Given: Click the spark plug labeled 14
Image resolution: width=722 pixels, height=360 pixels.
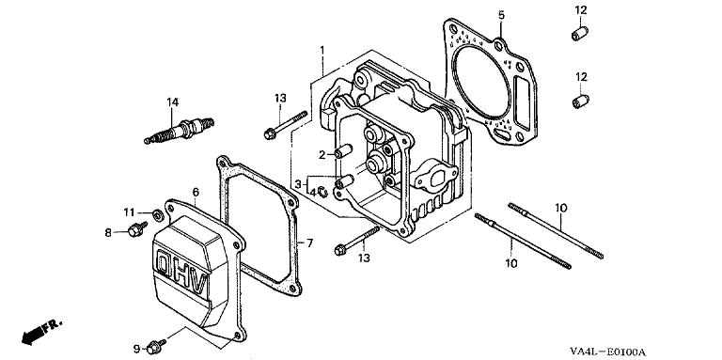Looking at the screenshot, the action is tap(180, 131).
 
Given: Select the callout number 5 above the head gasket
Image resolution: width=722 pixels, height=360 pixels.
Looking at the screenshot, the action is tap(501, 16).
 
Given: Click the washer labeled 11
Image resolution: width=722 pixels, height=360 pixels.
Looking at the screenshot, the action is tap(157, 213).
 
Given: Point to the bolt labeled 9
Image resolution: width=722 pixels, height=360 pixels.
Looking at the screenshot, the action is tap(156, 347).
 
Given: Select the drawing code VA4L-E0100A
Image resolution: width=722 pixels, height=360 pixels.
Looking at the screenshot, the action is tap(607, 352).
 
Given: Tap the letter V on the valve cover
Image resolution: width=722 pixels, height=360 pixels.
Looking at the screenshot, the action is tap(199, 286).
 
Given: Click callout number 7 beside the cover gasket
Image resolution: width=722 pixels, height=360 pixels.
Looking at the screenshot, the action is tap(309, 243).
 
